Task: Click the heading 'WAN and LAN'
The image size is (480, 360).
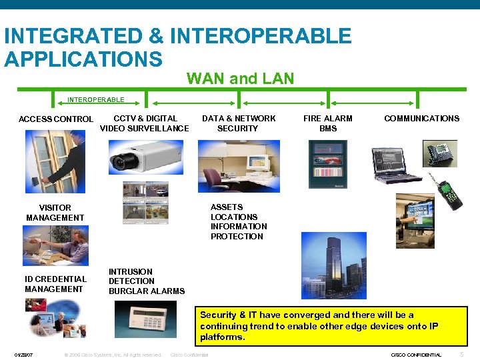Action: coord(240,79)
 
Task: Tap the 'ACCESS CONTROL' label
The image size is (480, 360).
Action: coord(56,119)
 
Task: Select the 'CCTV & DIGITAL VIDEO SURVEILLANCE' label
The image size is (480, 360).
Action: coord(145,123)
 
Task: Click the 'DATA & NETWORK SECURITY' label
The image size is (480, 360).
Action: coord(239,123)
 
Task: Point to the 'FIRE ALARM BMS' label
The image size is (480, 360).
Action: coord(328,123)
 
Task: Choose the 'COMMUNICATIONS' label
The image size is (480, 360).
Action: coord(421,119)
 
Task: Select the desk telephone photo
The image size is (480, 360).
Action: coord(440,153)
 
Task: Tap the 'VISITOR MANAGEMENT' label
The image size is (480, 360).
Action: coord(55,213)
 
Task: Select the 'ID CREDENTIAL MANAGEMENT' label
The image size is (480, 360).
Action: coord(55,284)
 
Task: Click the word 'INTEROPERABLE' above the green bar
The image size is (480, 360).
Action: coord(95,100)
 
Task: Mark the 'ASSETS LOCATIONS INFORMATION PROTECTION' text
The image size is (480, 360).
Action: coord(239,222)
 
